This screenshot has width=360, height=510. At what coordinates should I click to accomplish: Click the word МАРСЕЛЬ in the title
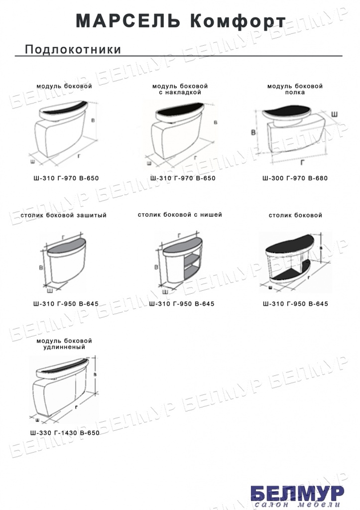click(128, 21)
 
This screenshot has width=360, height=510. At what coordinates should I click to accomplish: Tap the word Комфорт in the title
click(238, 22)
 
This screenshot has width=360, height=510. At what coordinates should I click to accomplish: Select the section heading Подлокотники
click(73, 49)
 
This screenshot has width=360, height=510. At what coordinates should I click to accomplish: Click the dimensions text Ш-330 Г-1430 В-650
click(65, 433)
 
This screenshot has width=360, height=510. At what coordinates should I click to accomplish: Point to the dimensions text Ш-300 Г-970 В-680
click(295, 178)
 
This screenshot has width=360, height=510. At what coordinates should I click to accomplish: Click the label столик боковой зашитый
click(63, 215)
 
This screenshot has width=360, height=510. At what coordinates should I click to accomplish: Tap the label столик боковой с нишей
click(180, 215)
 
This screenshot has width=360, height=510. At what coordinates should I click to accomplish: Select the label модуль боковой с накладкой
click(180, 89)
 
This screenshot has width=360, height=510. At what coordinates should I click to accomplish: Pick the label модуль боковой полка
click(295, 89)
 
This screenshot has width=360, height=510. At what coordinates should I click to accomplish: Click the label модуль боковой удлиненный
click(64, 344)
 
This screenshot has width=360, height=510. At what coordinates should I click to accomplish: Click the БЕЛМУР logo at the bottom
click(297, 494)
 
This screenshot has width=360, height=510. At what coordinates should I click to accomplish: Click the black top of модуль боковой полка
click(287, 112)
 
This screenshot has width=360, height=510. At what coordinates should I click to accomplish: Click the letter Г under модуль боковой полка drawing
click(302, 162)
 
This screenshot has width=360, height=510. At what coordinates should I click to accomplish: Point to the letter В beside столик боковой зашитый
click(41, 267)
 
